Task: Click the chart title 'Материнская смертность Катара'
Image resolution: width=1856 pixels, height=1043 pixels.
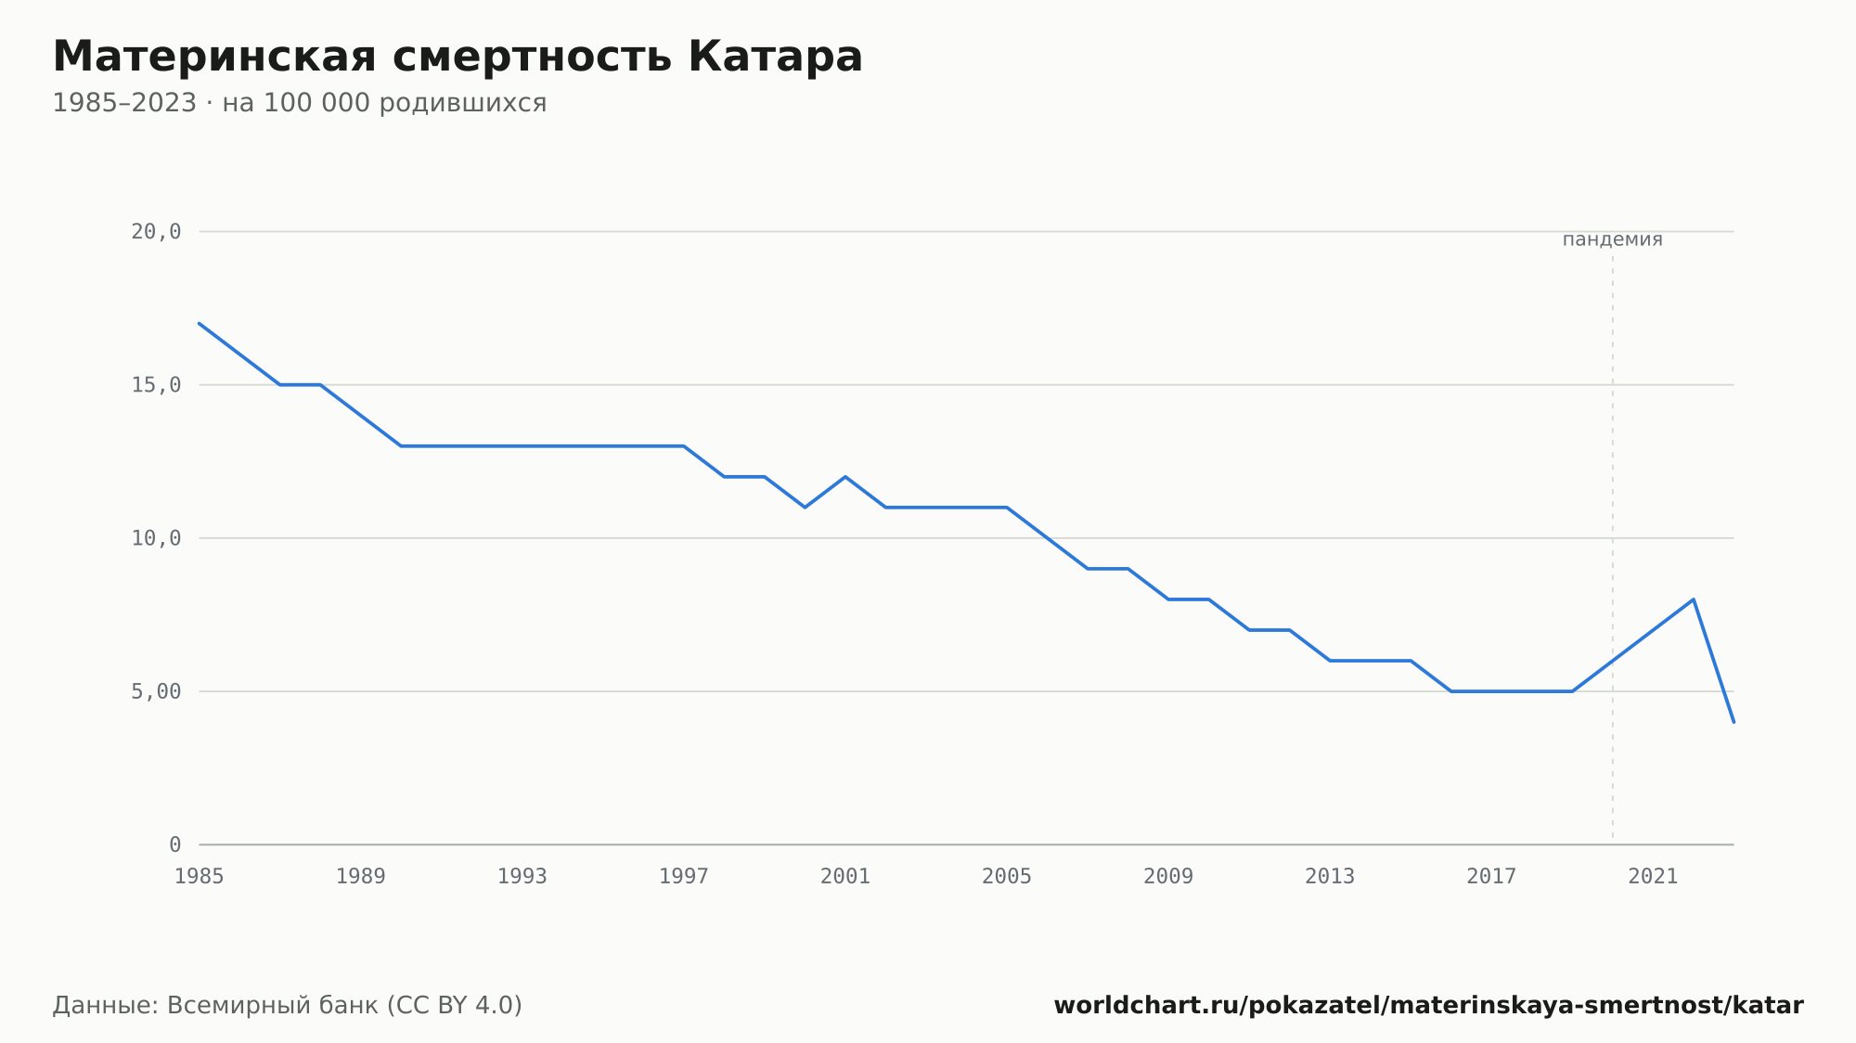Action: pyautogui.click(x=458, y=57)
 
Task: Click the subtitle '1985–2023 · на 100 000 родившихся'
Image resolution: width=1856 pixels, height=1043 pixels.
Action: pyautogui.click(x=299, y=103)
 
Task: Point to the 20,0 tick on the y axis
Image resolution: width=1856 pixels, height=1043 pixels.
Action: pyautogui.click(x=156, y=232)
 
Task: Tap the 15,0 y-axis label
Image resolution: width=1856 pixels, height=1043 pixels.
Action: pyautogui.click(x=156, y=385)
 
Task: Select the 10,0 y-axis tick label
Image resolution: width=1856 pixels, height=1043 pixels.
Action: pyautogui.click(x=156, y=538)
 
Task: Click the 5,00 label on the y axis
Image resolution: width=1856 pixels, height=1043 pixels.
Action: pyautogui.click(x=156, y=691)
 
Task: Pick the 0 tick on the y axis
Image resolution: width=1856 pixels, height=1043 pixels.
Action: pyautogui.click(x=174, y=845)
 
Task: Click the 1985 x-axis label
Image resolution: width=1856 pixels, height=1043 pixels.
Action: pyautogui.click(x=200, y=877)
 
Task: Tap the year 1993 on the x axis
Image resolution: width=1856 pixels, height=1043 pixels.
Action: pyautogui.click(x=522, y=877)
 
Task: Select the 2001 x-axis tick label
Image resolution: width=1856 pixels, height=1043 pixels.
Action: pyautogui.click(x=845, y=877)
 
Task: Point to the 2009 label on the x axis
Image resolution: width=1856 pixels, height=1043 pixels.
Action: pyautogui.click(x=1168, y=877)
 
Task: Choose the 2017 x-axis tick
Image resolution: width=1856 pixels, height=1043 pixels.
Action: pyautogui.click(x=1491, y=877)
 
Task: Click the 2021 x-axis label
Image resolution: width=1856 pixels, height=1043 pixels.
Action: pyautogui.click(x=1653, y=877)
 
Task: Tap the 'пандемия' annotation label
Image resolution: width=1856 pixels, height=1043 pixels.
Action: pyautogui.click(x=1613, y=240)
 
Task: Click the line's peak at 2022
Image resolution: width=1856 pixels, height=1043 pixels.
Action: pyautogui.click(x=1694, y=599)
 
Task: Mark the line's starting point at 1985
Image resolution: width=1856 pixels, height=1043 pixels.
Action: pyautogui.click(x=200, y=323)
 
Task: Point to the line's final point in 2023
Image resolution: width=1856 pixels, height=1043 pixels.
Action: pyautogui.click(x=1734, y=722)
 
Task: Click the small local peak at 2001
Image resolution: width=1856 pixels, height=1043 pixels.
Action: pyautogui.click(x=845, y=477)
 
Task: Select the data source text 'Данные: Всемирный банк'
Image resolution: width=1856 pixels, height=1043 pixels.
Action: pyautogui.click(x=215, y=1006)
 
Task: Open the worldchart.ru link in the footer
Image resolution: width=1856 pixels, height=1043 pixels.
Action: pyautogui.click(x=1429, y=1006)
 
